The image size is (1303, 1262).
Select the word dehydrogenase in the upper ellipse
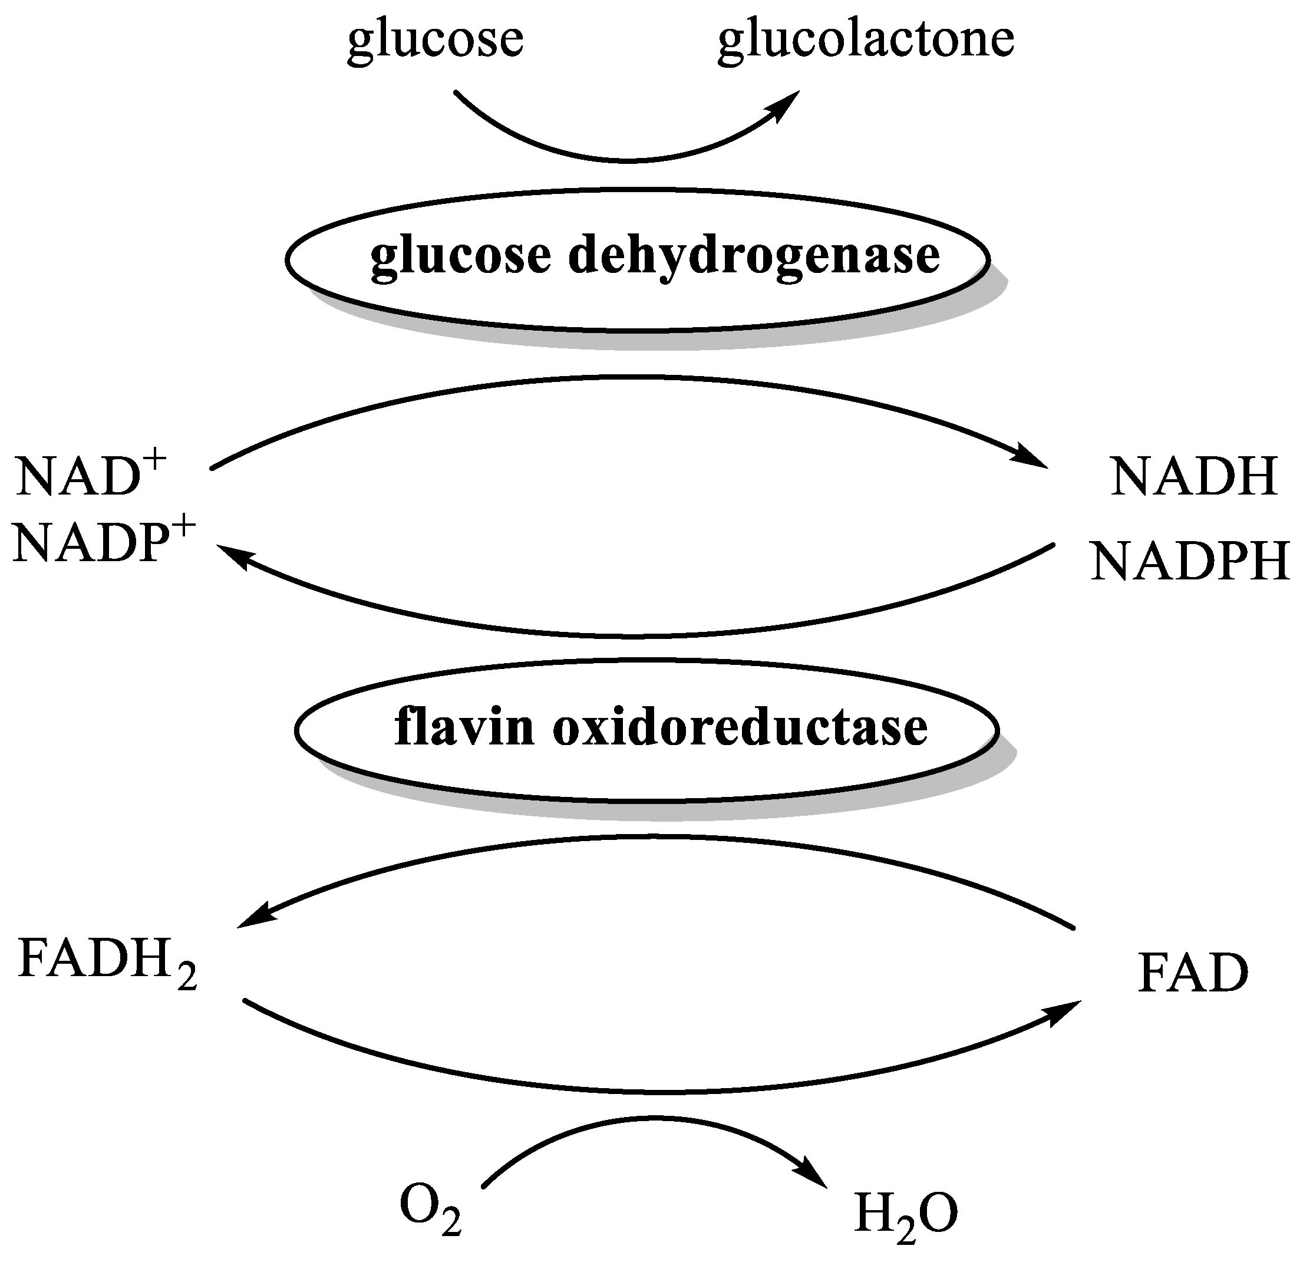click(x=754, y=256)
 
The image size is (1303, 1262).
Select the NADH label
click(x=1194, y=477)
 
